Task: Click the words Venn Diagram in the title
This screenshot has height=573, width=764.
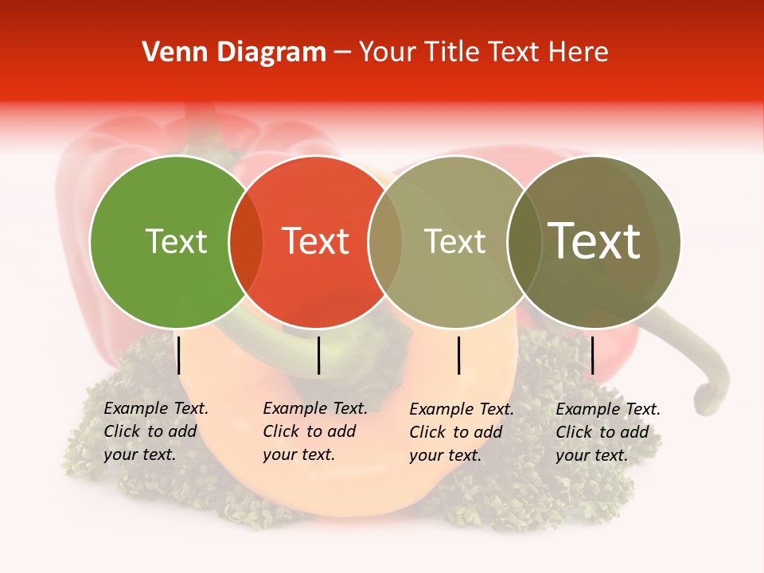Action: tap(234, 53)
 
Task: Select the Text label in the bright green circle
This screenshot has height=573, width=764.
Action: tap(176, 241)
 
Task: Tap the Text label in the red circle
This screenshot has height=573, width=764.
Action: tap(315, 241)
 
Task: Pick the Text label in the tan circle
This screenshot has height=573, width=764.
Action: tap(454, 241)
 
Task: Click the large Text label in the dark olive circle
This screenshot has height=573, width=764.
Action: tap(594, 241)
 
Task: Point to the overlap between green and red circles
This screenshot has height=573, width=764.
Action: tap(246, 242)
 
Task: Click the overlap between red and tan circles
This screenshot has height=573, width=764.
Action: tap(385, 242)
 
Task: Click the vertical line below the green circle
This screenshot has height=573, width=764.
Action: tap(179, 355)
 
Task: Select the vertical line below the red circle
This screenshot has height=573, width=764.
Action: tap(318, 355)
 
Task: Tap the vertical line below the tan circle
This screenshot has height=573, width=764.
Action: tap(459, 355)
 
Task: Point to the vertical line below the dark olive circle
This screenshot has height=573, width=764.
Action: tap(592, 355)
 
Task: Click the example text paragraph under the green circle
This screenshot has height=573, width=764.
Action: tap(155, 431)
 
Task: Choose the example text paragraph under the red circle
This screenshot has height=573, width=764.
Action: tap(314, 431)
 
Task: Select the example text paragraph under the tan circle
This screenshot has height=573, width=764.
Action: tap(461, 432)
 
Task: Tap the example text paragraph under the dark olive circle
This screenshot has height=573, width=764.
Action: tap(607, 432)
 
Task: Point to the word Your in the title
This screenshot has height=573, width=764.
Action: tap(387, 53)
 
